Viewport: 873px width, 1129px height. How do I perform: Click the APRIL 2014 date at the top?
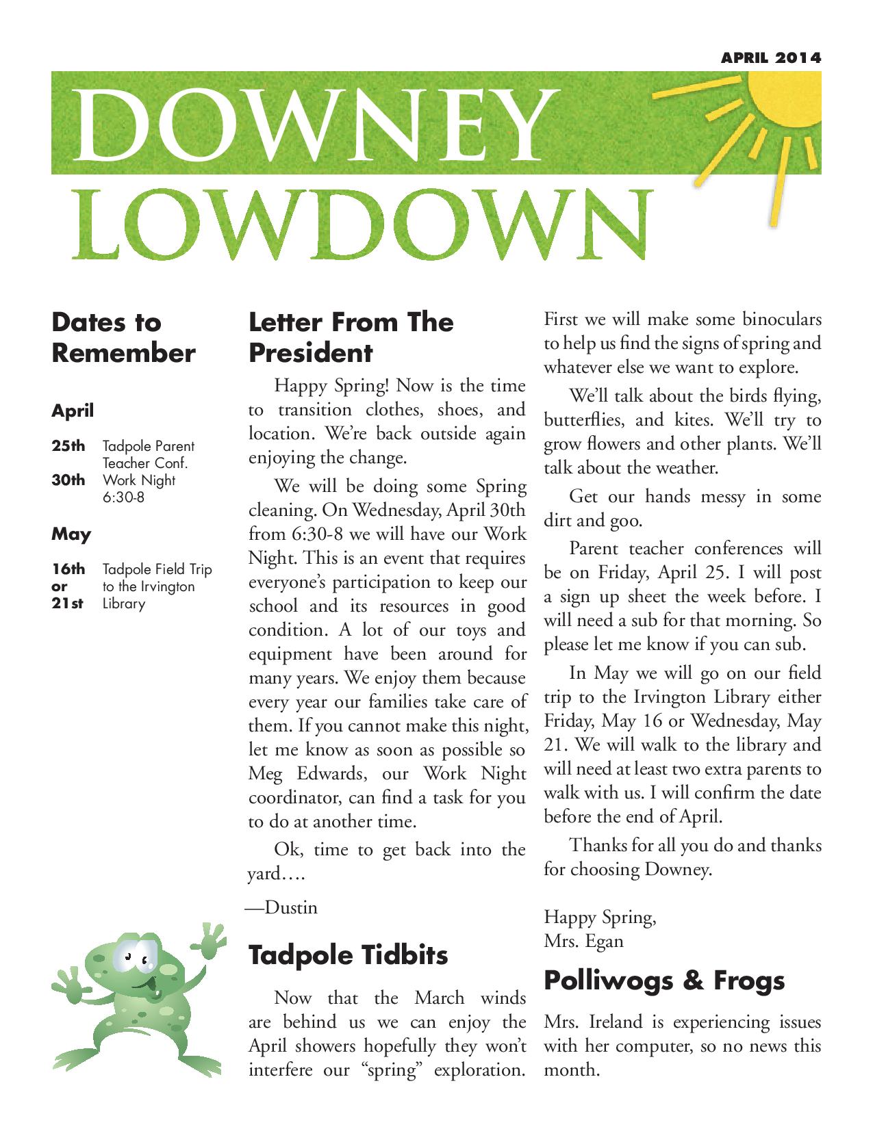pos(771,57)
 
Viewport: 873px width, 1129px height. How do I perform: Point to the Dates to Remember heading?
pos(123,337)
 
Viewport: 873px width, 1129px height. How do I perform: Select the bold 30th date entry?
pos(68,480)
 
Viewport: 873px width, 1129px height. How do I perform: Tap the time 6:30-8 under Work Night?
pos(124,497)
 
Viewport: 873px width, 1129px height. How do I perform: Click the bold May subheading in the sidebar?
pos(71,534)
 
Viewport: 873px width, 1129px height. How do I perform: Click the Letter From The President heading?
pos(351,337)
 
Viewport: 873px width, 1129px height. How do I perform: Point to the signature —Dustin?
pos(282,908)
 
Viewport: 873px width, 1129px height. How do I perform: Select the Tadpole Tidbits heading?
pos(348,955)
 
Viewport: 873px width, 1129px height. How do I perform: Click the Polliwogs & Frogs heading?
pos(664,981)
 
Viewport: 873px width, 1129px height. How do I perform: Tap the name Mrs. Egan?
pos(583,942)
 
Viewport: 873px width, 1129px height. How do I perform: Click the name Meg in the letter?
pos(266,774)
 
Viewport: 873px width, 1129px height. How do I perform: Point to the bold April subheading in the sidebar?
pos(73,411)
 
